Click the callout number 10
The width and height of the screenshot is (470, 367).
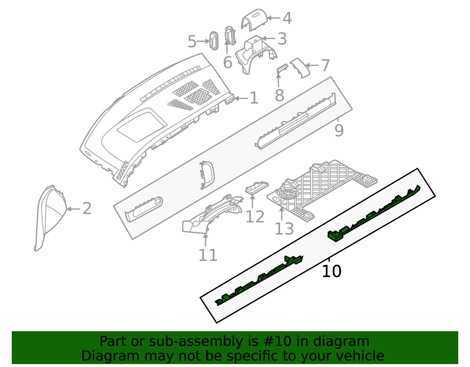[x=331, y=271]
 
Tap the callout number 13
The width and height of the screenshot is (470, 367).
[x=284, y=229]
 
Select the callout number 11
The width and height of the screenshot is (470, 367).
[x=208, y=255]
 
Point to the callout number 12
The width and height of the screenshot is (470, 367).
[x=255, y=217]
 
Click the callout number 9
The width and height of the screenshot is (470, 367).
[x=339, y=130]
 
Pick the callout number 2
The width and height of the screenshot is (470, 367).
[x=87, y=209]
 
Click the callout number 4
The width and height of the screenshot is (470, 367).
[x=287, y=18]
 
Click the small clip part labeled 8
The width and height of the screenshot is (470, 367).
[x=282, y=68]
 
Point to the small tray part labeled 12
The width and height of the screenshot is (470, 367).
[x=256, y=187]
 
